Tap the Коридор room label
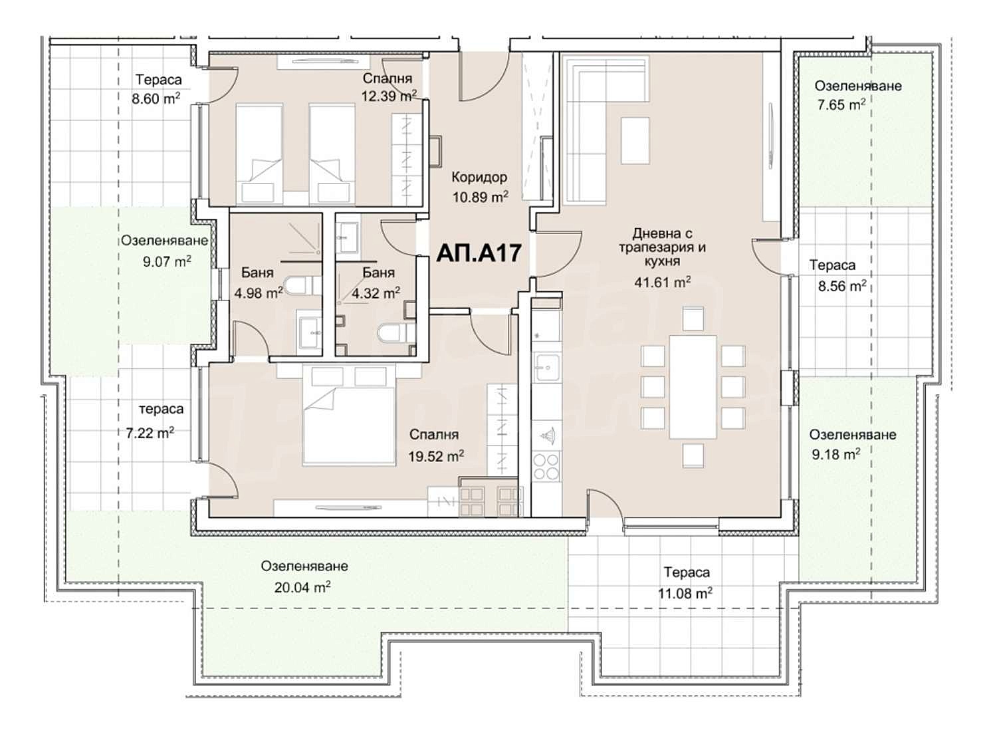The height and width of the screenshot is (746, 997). pos(479,178)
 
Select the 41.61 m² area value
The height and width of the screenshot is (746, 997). pos(662,282)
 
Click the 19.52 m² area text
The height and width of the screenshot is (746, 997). pos(436,456)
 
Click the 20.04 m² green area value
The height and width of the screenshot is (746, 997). pos(302,588)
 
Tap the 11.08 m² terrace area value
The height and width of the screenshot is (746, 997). pos(685,593)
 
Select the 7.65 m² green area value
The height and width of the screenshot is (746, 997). pos(840,104)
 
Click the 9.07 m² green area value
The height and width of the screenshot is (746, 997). pos(167,261)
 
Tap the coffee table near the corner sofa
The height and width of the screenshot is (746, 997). pos(635,140)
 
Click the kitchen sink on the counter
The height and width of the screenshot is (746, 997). pos(548,365)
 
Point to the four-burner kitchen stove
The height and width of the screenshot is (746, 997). pos(547,466)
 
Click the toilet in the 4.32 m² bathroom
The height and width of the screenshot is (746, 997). pos(390,332)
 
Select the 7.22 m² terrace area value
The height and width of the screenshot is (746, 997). pos(150,434)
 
